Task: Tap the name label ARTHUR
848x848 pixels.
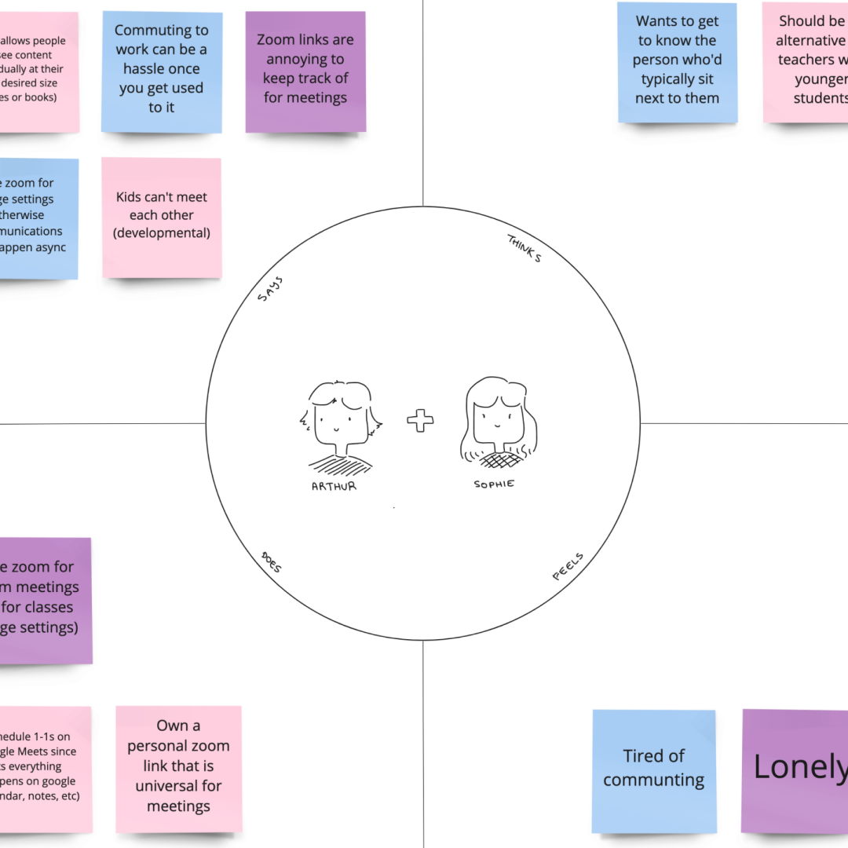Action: [x=334, y=486]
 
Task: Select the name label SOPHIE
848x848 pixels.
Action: [x=494, y=484]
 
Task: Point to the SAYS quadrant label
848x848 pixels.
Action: [x=269, y=289]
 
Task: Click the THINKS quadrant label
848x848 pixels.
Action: [x=524, y=248]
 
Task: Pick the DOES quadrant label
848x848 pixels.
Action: [x=271, y=561]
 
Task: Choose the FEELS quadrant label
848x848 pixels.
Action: [x=568, y=567]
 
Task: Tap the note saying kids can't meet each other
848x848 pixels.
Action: [x=162, y=217]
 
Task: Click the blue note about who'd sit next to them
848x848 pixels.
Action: [x=677, y=61]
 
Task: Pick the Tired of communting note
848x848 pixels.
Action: [x=654, y=770]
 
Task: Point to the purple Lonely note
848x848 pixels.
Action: [x=795, y=770]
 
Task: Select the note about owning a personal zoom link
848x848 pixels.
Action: [x=178, y=768]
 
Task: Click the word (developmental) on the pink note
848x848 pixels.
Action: [x=162, y=232]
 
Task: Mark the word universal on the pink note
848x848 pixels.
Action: [x=178, y=786]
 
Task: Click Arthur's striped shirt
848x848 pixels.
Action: [x=340, y=465]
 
